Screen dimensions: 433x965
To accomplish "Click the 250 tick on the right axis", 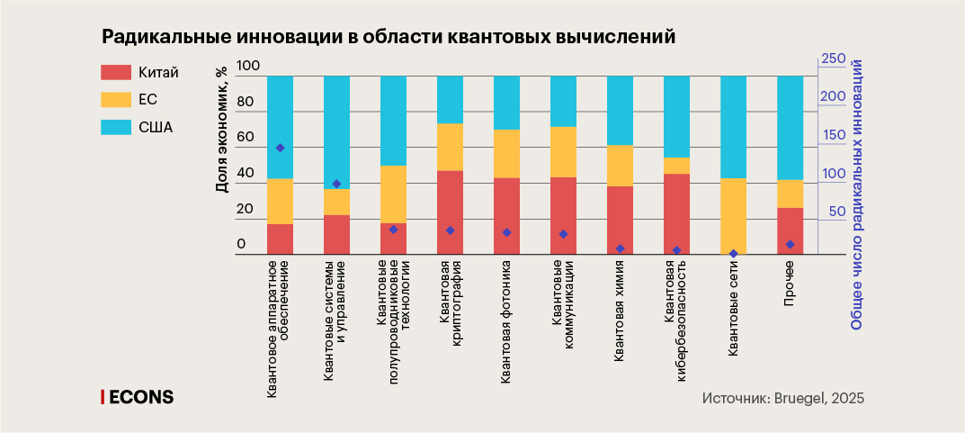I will click(834, 59).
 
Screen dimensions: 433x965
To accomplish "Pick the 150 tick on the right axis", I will click(834, 135).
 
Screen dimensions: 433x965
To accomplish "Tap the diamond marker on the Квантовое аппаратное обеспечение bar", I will click(281, 148).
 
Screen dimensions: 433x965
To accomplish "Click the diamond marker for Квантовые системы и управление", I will click(336, 184).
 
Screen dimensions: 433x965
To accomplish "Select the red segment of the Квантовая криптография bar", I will click(450, 212).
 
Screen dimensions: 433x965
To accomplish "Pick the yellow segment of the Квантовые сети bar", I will click(733, 216).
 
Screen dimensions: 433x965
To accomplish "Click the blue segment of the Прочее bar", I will click(790, 127).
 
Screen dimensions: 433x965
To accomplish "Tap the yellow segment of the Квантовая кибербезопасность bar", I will click(676, 166).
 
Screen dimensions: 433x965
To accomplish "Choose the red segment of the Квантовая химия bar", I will click(620, 221).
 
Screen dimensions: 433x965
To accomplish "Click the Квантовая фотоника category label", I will click(506, 322).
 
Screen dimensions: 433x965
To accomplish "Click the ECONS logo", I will click(138, 397).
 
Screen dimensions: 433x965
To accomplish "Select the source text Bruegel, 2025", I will click(820, 398).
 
